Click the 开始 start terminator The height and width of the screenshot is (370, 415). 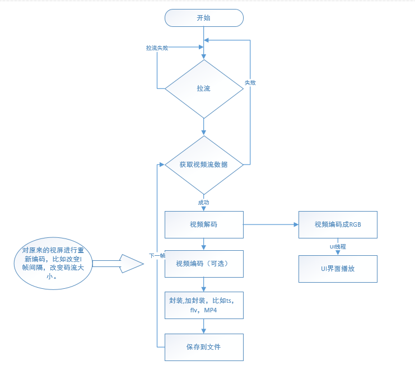click(204, 18)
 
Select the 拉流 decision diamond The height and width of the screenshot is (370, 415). click(204, 88)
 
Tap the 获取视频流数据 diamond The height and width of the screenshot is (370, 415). click(204, 165)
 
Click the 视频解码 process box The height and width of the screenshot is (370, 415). click(204, 224)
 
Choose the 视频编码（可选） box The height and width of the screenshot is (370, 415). click(204, 264)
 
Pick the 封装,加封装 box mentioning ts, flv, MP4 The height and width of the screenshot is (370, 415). click(204, 305)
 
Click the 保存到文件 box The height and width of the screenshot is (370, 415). click(204, 347)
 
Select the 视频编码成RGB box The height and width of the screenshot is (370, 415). click(338, 224)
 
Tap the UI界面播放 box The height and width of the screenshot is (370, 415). click(338, 269)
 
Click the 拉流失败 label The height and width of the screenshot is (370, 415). click(157, 48)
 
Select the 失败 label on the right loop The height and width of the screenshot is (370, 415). click(250, 82)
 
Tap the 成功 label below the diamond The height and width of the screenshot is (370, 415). click(204, 202)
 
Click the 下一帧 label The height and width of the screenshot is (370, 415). click(157, 255)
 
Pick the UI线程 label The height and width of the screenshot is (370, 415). click(338, 246)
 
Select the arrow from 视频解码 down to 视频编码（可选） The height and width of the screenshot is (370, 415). click(204, 244)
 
